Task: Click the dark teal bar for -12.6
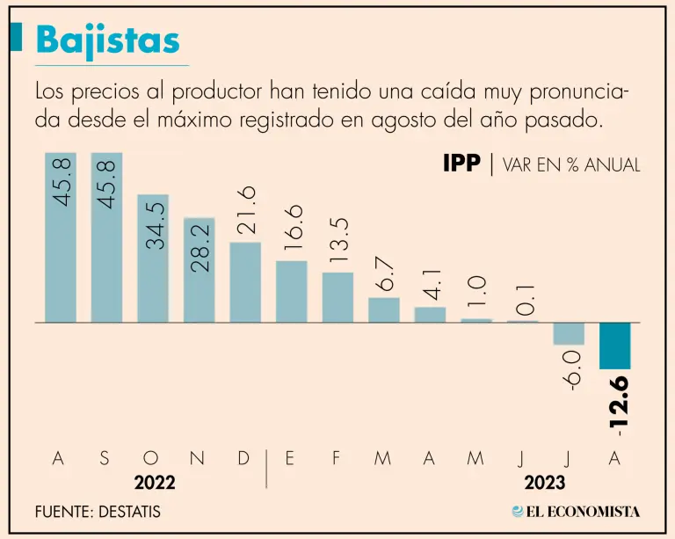click(614, 346)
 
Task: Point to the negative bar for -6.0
click(569, 333)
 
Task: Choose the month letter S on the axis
click(105, 458)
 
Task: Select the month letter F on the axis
click(337, 458)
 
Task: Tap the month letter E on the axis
click(290, 458)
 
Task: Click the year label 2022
click(155, 483)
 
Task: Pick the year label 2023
click(545, 483)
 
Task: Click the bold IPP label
click(461, 164)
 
